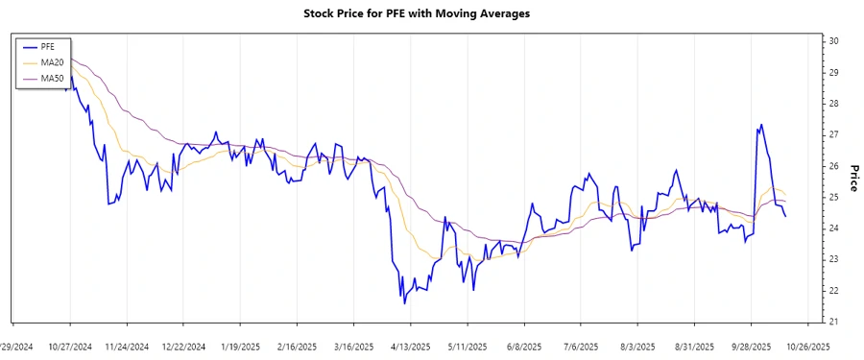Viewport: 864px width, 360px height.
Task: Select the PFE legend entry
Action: point(48,46)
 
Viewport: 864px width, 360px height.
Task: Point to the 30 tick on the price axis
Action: point(834,41)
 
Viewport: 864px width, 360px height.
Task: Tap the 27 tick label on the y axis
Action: point(834,134)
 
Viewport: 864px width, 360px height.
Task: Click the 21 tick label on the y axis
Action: point(834,322)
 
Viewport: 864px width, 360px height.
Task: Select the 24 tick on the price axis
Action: point(834,228)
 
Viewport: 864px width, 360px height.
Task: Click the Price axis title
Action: point(852,178)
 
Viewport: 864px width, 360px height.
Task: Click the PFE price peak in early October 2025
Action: point(761,124)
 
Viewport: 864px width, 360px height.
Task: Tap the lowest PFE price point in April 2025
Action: point(404,303)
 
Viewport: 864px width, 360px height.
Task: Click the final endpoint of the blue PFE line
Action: point(786,217)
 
